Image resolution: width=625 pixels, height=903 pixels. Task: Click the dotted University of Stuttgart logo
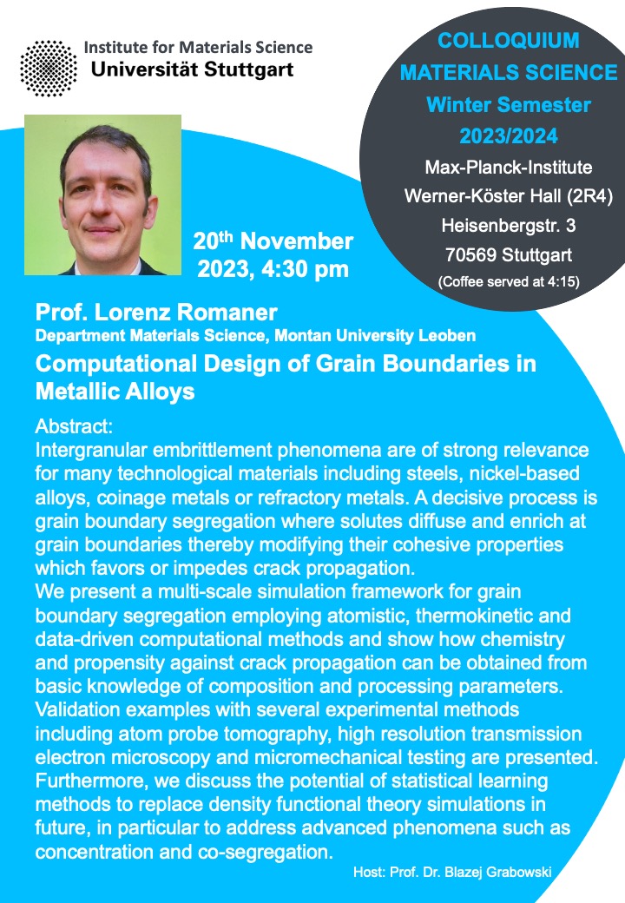tap(49, 68)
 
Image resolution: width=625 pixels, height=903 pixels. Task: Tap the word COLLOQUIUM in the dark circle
tap(508, 41)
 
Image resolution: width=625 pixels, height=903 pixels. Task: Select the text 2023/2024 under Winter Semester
tap(508, 136)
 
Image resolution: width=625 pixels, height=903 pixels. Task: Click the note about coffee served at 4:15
tap(509, 281)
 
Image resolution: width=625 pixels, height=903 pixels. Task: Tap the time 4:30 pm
tap(305, 269)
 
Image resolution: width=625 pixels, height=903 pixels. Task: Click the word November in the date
tap(296, 241)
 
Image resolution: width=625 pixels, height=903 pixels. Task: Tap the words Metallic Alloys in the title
tap(115, 392)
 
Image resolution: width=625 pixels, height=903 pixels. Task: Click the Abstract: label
tap(74, 426)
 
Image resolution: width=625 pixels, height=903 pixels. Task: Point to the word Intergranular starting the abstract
tap(91, 451)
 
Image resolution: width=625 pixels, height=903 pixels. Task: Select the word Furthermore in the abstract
tap(91, 781)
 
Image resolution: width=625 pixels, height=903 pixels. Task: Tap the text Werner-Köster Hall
tap(483, 196)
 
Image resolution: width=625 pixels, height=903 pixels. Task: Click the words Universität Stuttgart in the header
tap(192, 69)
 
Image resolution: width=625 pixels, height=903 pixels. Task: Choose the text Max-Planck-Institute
tap(508, 168)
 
